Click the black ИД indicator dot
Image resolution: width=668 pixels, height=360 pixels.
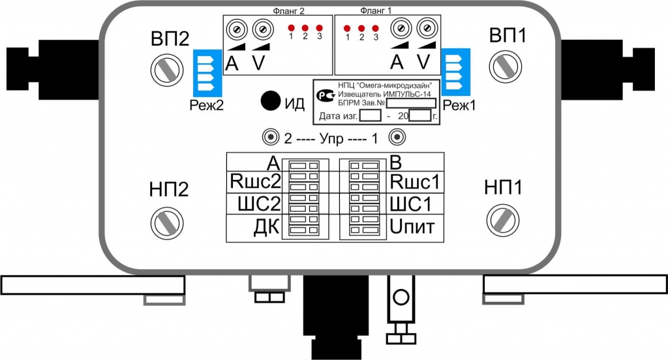coord(271,101)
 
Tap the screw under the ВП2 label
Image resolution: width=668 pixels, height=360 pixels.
coord(167,70)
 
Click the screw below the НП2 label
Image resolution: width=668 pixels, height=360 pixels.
coord(167,223)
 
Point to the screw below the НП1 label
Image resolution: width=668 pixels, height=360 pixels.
coord(503,220)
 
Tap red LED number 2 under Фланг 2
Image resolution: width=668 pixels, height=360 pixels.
coord(305,28)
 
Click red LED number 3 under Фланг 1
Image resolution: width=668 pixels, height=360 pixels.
coord(375,29)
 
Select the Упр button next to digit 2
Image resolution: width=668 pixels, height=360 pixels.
coord(271,138)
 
